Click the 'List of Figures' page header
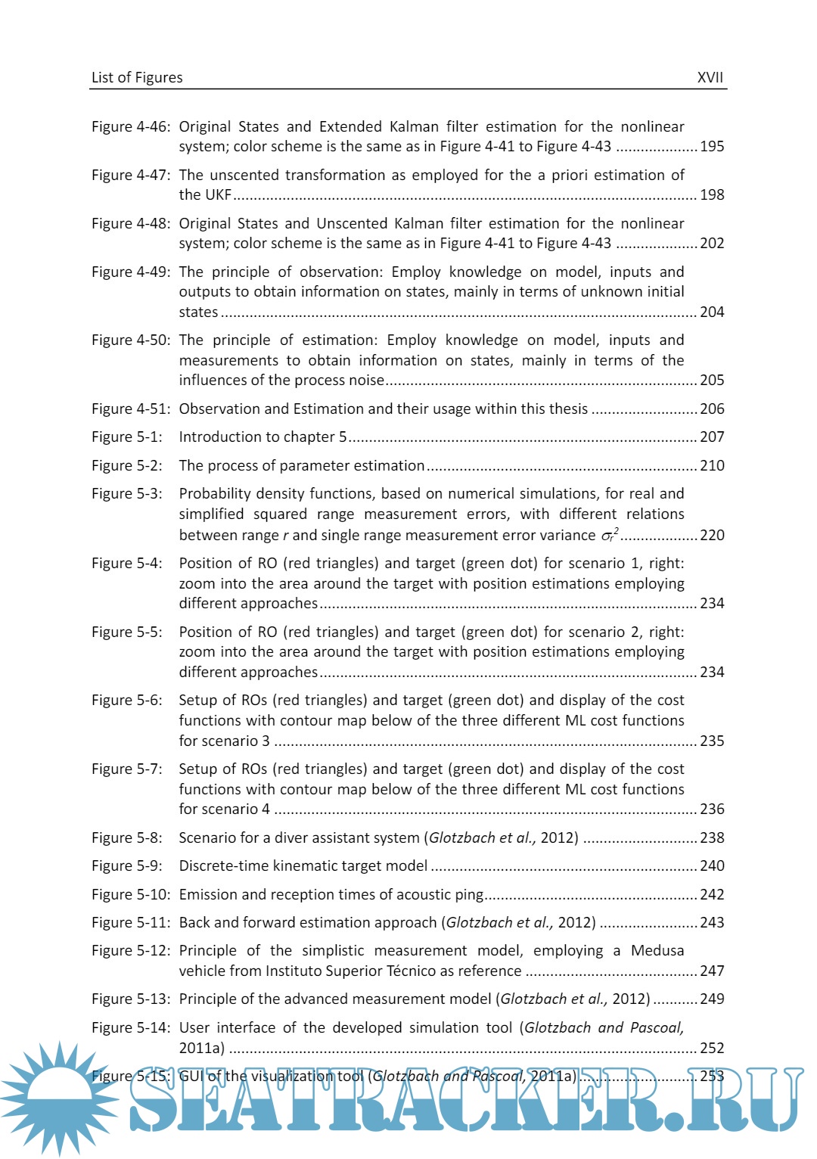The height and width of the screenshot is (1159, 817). pos(137,77)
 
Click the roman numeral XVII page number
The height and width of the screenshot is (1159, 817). pos(710,77)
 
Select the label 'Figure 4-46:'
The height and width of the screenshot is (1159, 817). pos(130,126)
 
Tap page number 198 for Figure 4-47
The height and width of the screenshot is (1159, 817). pos(712,194)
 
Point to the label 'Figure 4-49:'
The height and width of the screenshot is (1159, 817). pos(130,272)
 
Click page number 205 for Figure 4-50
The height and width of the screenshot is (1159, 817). pos(712,380)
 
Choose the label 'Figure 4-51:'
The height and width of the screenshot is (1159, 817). pos(130,409)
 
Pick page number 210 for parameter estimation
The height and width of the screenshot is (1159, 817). pos(712,465)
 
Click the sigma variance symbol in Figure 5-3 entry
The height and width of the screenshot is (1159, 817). pos(609,535)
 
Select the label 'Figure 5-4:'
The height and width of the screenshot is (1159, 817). pos(126,563)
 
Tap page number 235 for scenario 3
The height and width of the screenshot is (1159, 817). pos(712,741)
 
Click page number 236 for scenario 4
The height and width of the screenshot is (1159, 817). pos(712,809)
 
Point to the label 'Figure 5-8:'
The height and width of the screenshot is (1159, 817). pos(126,837)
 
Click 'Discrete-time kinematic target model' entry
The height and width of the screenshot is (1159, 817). pos(303,865)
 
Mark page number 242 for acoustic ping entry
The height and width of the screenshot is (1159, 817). pos(712,894)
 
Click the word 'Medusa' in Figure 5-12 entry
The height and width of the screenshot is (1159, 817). pos(657,950)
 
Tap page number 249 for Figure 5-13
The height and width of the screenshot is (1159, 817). pos(712,999)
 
